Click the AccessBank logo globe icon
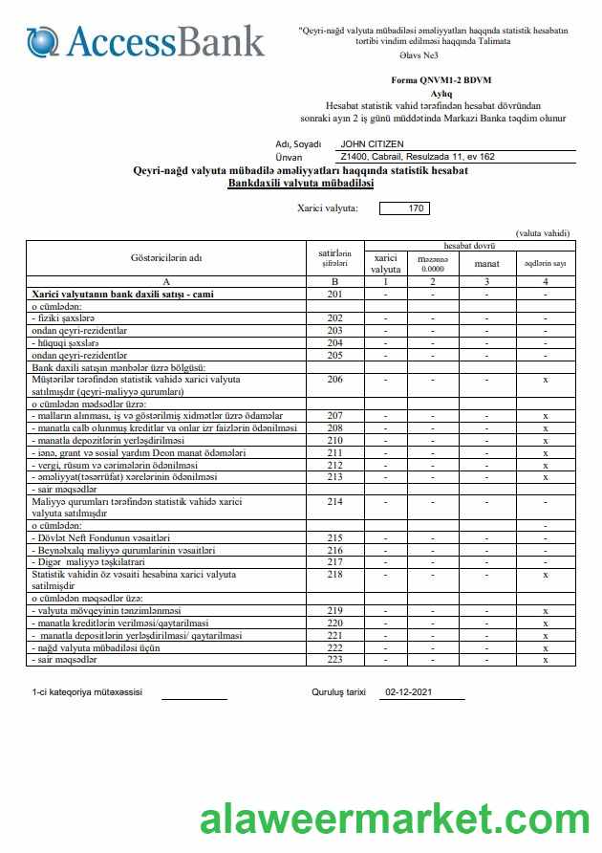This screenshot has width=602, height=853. [42, 41]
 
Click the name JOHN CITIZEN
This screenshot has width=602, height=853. [372, 144]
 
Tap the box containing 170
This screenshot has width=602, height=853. [404, 208]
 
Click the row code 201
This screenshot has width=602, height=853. [334, 295]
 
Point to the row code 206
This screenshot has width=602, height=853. [334, 380]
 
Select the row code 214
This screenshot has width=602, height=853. [334, 501]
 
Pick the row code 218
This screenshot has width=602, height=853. [334, 575]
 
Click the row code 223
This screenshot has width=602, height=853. [334, 660]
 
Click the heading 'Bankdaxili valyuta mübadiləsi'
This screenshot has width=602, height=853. [300, 182]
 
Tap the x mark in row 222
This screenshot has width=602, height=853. [545, 647]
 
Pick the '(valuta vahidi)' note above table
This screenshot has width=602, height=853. [542, 233]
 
